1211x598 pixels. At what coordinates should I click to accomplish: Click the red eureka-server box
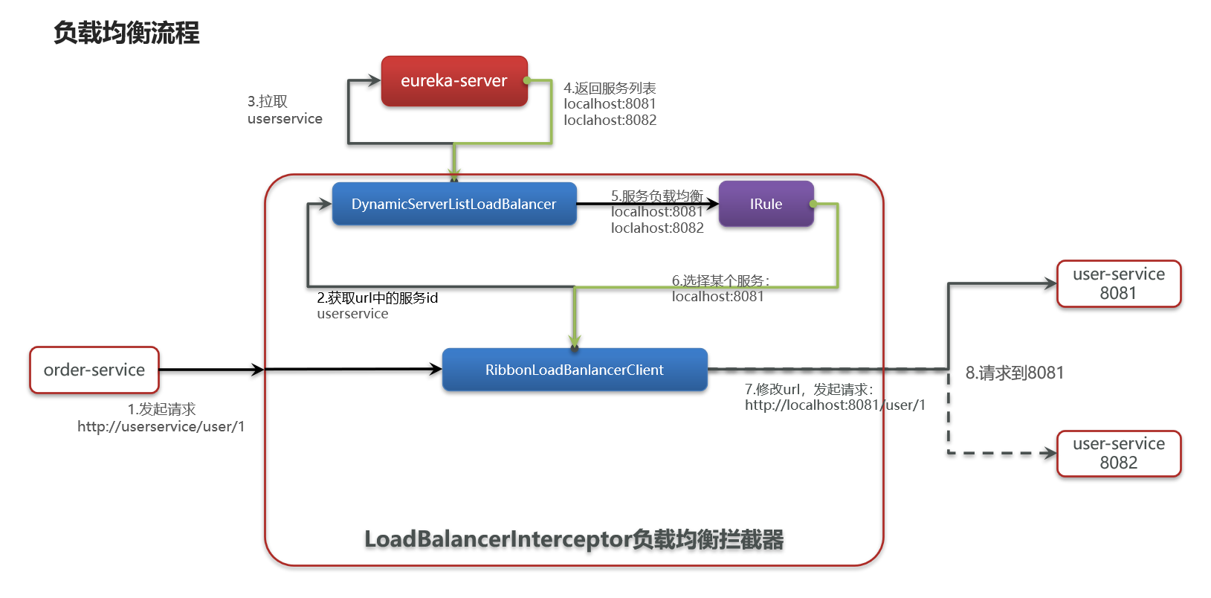[454, 80]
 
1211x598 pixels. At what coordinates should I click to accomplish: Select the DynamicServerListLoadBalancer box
[454, 204]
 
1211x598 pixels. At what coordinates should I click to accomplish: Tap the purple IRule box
[766, 204]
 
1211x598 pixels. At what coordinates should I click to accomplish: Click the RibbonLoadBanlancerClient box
[575, 370]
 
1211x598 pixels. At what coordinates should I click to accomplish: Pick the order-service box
[94, 370]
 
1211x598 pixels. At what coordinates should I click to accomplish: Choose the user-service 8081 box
[1119, 284]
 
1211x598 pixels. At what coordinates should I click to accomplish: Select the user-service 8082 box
[1119, 454]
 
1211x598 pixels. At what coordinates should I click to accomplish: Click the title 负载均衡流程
[126, 33]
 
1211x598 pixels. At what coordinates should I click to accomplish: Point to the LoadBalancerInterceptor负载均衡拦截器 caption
[574, 539]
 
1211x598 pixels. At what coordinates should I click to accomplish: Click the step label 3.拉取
[268, 101]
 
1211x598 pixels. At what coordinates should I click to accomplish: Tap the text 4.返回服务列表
[610, 88]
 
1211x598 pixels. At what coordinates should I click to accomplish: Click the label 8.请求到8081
[1015, 373]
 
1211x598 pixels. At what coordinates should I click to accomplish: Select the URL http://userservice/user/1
[161, 427]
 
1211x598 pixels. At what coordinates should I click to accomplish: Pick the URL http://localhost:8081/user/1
[836, 405]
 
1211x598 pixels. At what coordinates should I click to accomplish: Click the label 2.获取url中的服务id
[378, 298]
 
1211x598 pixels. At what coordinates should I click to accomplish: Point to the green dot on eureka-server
[526, 80]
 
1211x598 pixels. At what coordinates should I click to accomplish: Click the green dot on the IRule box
[813, 204]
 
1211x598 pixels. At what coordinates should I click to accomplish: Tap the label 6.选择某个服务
[720, 280]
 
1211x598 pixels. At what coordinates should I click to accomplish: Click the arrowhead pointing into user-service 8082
[1050, 454]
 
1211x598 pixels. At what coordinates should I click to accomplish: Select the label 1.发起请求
[161, 409]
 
